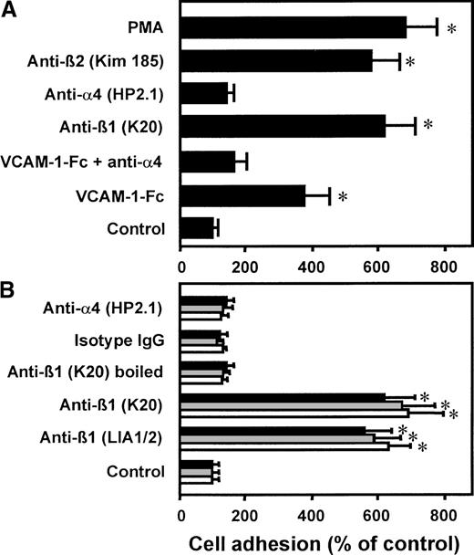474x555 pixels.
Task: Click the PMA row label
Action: [x=148, y=27]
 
